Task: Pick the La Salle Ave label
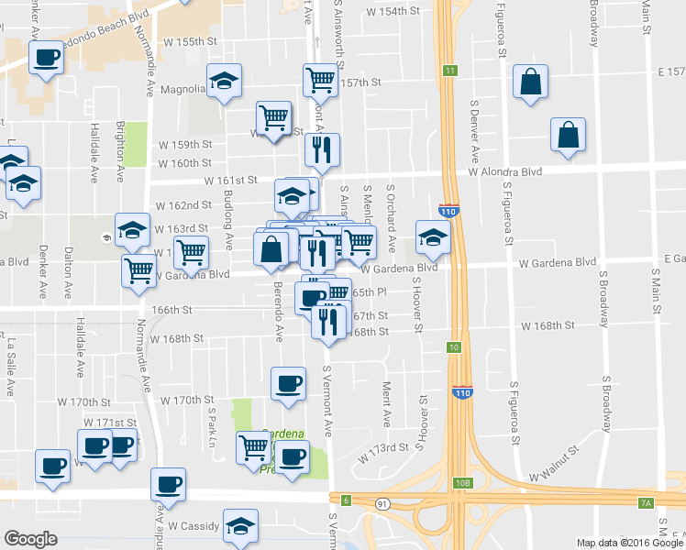pos(12,368)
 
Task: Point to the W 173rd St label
pos(381,448)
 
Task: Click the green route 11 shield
pos(449,71)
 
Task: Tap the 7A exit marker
pos(645,502)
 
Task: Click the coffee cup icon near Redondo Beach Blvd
pos(46,59)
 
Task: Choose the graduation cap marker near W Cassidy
pos(240,525)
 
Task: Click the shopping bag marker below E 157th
pos(530,82)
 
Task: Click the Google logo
pos(30,539)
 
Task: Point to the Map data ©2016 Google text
pos(630,543)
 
